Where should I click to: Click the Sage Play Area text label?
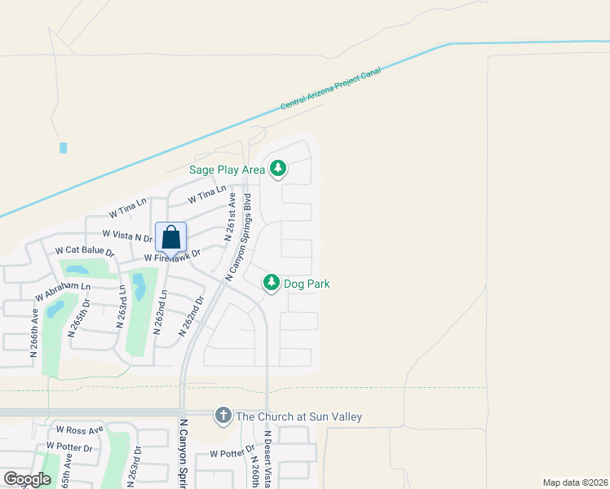[228, 170]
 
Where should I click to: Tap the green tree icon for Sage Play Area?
[279, 168]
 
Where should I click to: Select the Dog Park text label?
[307, 284]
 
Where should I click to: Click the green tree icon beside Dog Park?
[272, 283]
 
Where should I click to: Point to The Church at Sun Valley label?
[298, 416]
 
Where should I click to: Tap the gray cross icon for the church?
[223, 416]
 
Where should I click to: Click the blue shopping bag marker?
[171, 237]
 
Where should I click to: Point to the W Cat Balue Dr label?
[85, 251]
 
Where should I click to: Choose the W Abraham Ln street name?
[62, 288]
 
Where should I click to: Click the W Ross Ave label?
[80, 430]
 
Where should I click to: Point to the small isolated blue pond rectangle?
[64, 148]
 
